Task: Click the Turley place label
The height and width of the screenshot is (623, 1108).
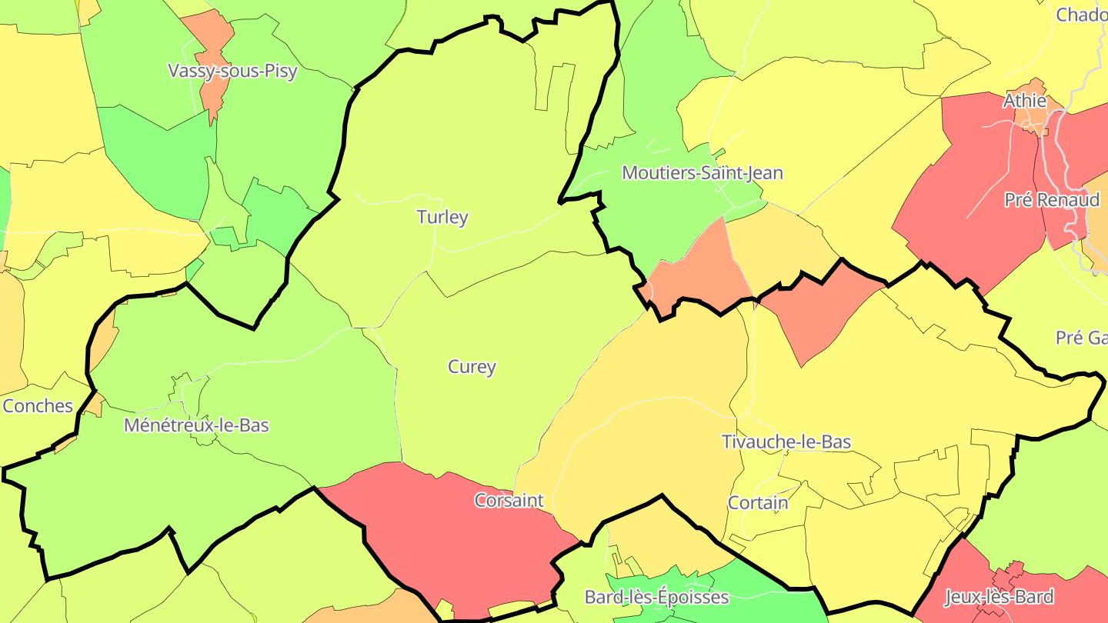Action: coord(442,217)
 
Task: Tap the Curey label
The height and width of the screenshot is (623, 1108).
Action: coord(472,367)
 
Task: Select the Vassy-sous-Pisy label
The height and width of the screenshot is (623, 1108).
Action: coord(232,72)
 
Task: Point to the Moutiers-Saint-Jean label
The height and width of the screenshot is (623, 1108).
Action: coord(702,173)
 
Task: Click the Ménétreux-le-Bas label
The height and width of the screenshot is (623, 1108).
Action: coord(196,425)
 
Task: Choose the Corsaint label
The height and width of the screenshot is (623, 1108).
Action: coord(509,501)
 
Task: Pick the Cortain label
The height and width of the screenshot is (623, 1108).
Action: coord(758,503)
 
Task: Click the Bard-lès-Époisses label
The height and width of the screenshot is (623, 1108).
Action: coord(656,597)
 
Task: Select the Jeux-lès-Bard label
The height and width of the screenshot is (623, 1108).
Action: coord(998,597)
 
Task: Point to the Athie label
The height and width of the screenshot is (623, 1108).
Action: coord(1025,101)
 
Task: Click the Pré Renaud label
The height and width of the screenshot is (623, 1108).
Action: coord(1052,200)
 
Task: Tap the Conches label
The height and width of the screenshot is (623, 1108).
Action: coord(38,406)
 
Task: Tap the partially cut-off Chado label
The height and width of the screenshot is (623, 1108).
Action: coord(1081,15)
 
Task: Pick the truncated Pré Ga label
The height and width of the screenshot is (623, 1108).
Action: coord(1081,338)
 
